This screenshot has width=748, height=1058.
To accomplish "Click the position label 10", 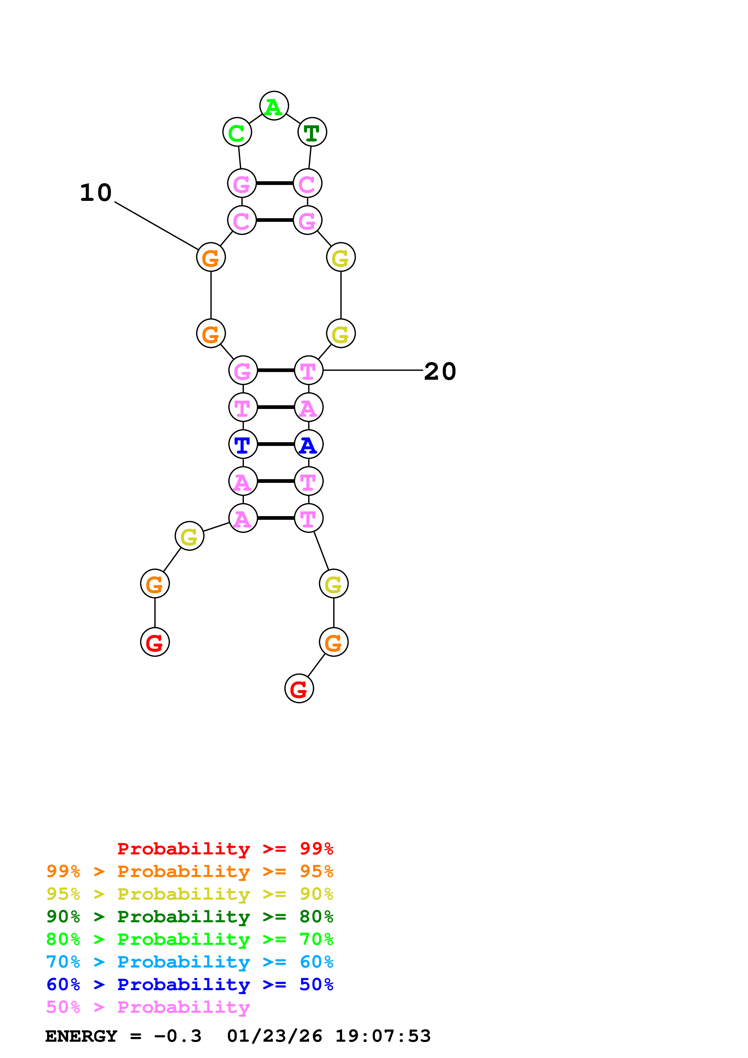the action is (96, 193).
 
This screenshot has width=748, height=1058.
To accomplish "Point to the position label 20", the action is (440, 371).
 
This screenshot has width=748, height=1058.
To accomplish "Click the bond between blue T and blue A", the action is (275, 444).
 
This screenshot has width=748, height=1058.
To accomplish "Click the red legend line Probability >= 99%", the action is (225, 848).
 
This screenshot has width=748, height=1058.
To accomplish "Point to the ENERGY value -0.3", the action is (178, 1036).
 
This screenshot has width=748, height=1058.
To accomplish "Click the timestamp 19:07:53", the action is (383, 1036).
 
